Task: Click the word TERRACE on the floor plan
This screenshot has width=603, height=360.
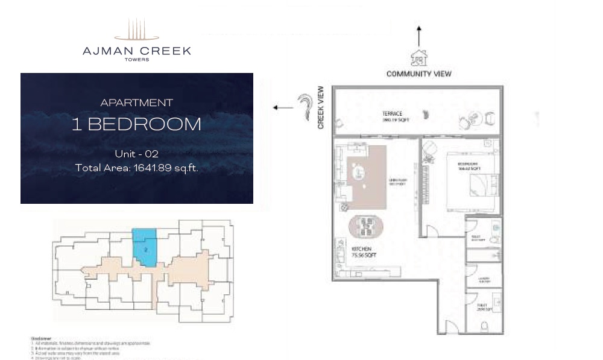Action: coord(392,113)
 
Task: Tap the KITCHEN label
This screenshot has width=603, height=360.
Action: coord(362,249)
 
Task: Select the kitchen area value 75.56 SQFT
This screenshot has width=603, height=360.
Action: coord(362,255)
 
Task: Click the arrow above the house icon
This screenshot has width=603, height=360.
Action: coord(419,36)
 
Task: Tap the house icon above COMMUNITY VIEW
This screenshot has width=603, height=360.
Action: coord(419,58)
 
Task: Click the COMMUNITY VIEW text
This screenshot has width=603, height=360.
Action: coord(418,74)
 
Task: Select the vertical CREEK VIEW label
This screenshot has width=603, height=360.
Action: coord(321,107)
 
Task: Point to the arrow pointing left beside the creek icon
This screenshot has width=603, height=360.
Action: coord(282,108)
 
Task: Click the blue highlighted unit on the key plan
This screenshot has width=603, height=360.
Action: coord(145,246)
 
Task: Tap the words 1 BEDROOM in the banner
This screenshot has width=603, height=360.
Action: coord(136,124)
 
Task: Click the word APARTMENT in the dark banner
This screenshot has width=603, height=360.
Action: coord(136,103)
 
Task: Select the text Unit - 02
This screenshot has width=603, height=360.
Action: coord(136,154)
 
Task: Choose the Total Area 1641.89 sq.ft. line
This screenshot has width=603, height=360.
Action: coord(136,168)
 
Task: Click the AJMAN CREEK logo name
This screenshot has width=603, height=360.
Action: coord(136,51)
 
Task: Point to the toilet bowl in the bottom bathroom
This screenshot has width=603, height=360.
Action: coord(484,327)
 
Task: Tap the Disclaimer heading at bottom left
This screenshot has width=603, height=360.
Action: coord(41,339)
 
